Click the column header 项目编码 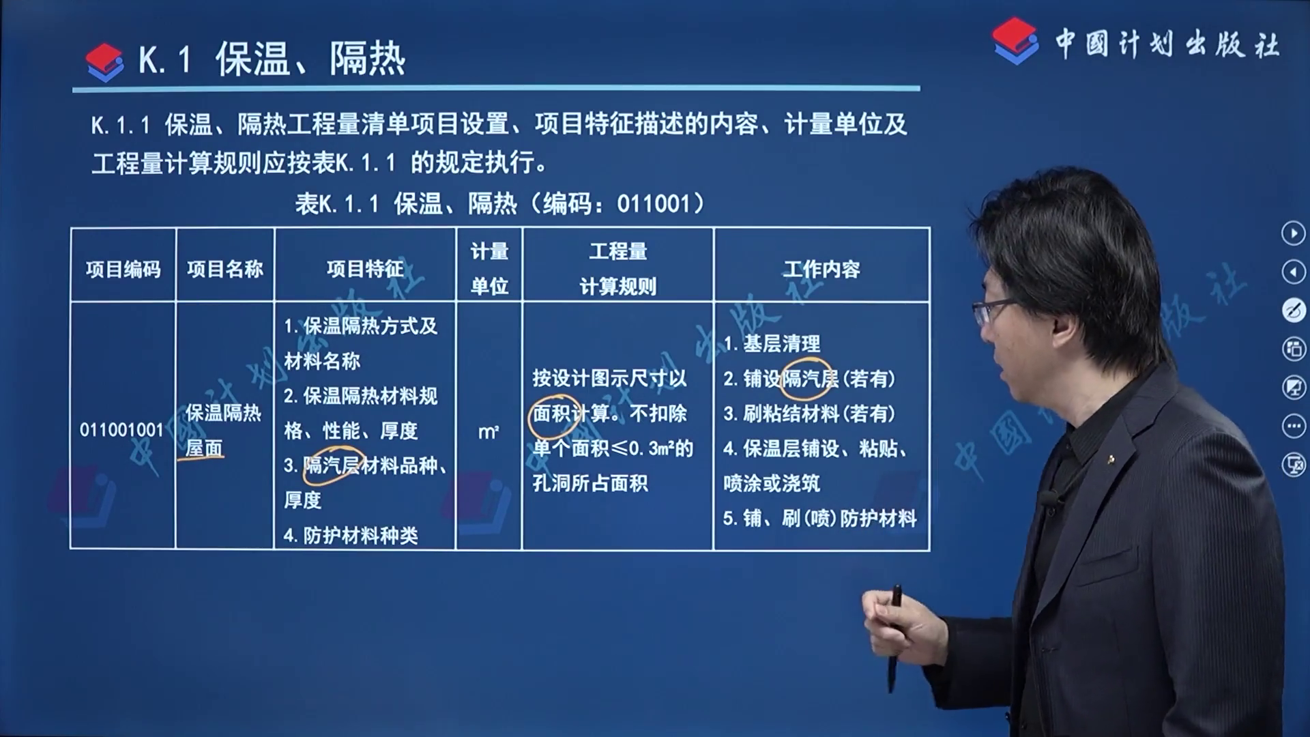pos(123,269)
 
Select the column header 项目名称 pos(225,269)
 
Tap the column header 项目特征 pos(365,269)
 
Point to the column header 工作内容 pos(821,269)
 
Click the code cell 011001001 pos(121,430)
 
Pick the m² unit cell pos(489,431)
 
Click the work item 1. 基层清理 pos(772,343)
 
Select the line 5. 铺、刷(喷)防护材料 pos(820,518)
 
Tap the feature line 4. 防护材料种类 pos(351,536)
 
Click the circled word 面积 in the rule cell pos(551,414)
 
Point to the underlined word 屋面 pos(204,448)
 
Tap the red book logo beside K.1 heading pos(105,62)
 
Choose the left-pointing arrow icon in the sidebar pos(1293,272)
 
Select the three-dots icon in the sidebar pos(1293,427)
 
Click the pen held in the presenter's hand pos(894,637)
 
